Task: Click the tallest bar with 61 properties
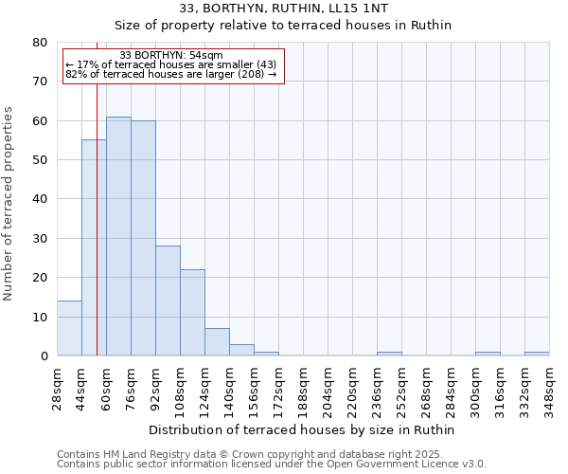click(118, 236)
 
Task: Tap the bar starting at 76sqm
click(143, 238)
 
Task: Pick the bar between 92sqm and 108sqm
click(168, 301)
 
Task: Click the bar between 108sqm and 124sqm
click(192, 313)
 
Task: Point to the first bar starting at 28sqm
click(69, 328)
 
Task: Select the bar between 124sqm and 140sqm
click(217, 342)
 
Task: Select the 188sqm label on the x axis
click(303, 389)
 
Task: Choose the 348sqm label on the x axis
click(549, 389)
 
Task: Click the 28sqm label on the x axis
click(57, 389)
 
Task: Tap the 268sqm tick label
click(426, 389)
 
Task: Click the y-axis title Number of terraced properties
click(9, 203)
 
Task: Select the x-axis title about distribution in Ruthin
click(302, 429)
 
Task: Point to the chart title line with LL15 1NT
click(283, 9)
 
